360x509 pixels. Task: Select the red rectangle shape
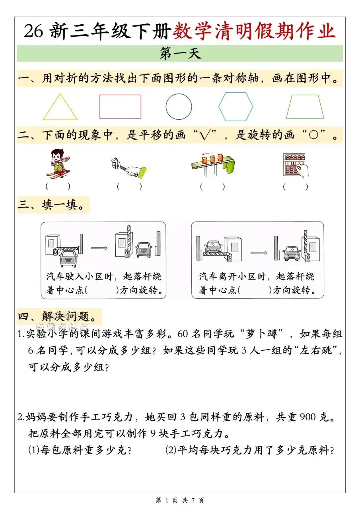tap(120, 95)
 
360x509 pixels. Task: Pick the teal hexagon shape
tap(235, 93)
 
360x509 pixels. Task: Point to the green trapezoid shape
tap(305, 95)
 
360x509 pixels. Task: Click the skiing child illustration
tap(58, 163)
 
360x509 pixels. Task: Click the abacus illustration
tap(296, 165)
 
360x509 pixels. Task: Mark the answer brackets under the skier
tap(58, 187)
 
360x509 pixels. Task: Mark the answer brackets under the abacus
tap(296, 187)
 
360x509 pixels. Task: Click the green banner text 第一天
tap(180, 54)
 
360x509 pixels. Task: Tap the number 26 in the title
tap(33, 31)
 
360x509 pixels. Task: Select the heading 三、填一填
tap(51, 205)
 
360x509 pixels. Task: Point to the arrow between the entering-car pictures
tap(99, 248)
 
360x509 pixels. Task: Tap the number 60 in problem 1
tap(183, 334)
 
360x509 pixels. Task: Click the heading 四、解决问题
tap(57, 316)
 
